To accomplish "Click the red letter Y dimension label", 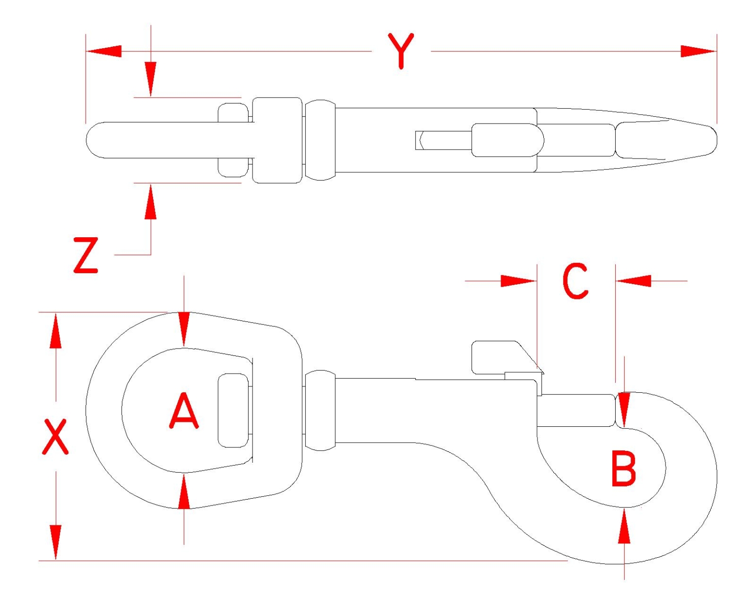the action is pos(401,51).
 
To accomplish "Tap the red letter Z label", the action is pos(86,255).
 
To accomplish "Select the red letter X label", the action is pos(55,437).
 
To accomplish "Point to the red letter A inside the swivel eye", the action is pos(184,411).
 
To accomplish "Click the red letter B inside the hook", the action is pos(624,470).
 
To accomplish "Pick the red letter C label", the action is pos(575,281).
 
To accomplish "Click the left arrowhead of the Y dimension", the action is pos(104,51).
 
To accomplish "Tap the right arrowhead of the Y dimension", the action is pos(698,51).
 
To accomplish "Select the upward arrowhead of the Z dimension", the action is pos(151,202).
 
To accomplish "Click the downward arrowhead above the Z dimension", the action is pos(151,79).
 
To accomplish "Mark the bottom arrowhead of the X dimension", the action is pos(56,542).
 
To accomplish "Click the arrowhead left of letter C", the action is pos(519,281).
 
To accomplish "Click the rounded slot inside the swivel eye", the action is pos(233,411).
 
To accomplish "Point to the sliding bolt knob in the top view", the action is pos(507,140).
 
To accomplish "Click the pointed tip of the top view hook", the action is pos(716,140).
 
